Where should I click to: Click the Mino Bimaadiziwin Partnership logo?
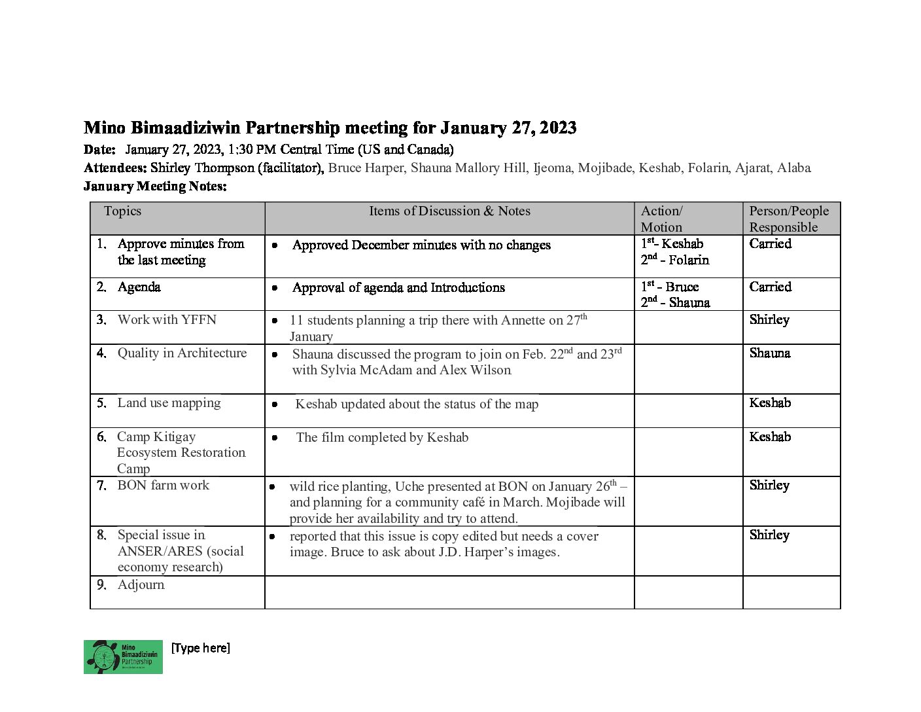(123, 656)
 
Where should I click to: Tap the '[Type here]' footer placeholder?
(200, 648)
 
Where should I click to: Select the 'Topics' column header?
(122, 211)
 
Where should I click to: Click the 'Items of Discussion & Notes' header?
(449, 211)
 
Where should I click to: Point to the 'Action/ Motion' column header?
(662, 219)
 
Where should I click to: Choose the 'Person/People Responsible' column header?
(789, 219)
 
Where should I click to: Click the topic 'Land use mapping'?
(169, 402)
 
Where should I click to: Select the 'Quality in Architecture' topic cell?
(182, 353)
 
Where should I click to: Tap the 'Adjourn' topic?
(141, 584)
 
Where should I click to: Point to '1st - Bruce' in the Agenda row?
(670, 287)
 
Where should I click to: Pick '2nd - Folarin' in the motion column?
(675, 260)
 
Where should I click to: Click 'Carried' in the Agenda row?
(770, 287)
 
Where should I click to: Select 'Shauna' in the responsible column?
(770, 353)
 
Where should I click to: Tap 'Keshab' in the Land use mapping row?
(770, 402)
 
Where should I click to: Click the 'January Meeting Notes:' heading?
(155, 186)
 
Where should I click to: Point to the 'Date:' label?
(99, 149)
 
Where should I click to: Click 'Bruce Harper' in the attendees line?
(366, 168)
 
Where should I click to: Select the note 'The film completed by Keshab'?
(382, 437)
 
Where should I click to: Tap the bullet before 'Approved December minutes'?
(275, 245)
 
